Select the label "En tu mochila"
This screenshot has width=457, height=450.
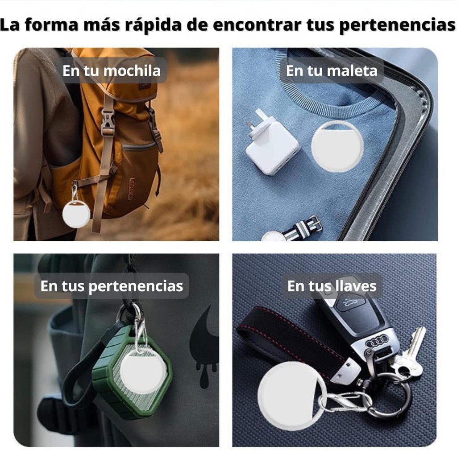click(x=112, y=71)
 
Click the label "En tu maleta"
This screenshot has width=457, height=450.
click(x=332, y=71)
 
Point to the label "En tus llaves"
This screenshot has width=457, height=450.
click(x=332, y=286)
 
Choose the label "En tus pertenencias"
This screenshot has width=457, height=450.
click(x=112, y=286)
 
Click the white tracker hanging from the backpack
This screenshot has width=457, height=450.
click(x=76, y=214)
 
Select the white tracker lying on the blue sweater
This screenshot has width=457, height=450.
click(x=337, y=145)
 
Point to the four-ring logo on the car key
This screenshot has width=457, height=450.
click(x=377, y=341)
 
